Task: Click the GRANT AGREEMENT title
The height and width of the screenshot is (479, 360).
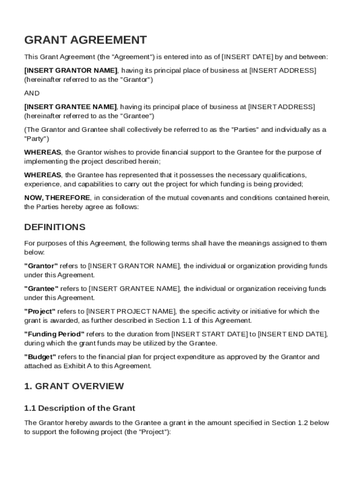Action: pyautogui.click(x=85, y=40)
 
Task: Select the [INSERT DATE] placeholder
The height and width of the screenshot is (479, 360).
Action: pyautogui.click(x=247, y=57)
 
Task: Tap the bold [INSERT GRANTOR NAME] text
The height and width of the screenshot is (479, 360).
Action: pyautogui.click(x=71, y=70)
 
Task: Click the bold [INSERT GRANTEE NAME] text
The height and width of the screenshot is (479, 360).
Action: pyautogui.click(x=70, y=107)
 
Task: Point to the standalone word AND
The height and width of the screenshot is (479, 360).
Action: pyautogui.click(x=32, y=93)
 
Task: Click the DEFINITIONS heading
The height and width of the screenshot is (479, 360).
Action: pyautogui.click(x=55, y=227)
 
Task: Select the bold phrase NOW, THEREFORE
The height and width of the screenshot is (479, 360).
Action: pyautogui.click(x=50, y=197)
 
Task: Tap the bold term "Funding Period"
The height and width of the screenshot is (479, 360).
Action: pyautogui.click(x=54, y=334)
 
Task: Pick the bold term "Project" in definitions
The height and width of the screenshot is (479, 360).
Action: pyautogui.click(x=40, y=311)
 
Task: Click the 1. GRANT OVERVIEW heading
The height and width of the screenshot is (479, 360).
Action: pyautogui.click(x=74, y=386)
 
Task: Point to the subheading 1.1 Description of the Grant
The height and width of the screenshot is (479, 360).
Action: pyautogui.click(x=79, y=408)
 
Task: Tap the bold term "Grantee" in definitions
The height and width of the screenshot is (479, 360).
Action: pyautogui.click(x=41, y=289)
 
